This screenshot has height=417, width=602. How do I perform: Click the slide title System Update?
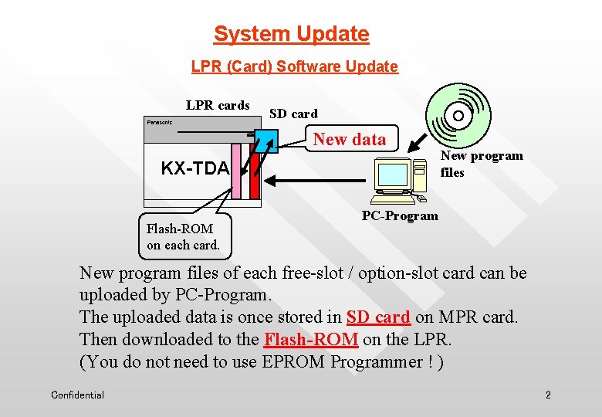coord(291,34)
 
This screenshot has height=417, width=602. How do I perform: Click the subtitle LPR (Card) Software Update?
coord(294,66)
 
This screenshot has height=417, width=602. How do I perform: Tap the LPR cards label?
coord(218,105)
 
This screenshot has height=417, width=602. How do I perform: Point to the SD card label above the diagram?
coord(293,114)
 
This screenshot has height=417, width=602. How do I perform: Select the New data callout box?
coord(350,139)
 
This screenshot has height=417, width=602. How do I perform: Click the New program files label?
coord(481,164)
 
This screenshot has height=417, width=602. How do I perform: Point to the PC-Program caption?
coord(400,216)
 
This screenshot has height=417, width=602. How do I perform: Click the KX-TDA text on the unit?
coord(194,168)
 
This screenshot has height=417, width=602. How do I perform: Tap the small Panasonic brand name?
coord(160,122)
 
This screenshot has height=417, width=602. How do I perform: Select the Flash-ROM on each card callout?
coord(183,236)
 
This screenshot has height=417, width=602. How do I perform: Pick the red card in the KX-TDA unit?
coord(254,182)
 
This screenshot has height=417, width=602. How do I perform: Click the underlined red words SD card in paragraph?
coord(378,317)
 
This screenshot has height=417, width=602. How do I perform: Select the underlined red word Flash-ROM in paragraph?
coord(311,339)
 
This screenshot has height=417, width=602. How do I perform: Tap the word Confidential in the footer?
coord(77,395)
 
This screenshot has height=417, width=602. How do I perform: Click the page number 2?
coord(548,395)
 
